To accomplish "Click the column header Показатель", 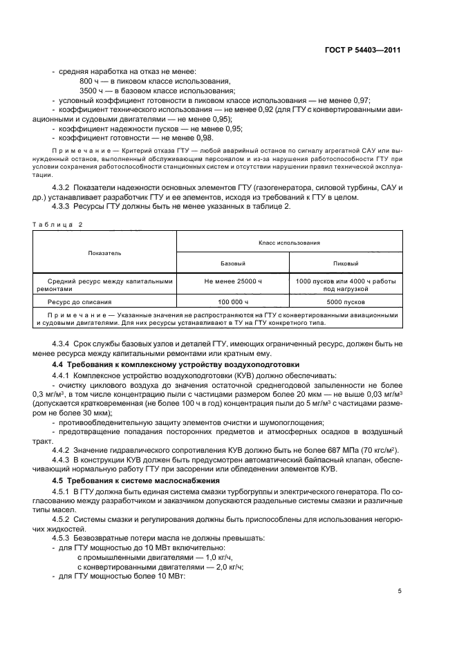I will (104, 253).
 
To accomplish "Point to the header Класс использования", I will (289, 243).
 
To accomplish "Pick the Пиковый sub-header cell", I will (345, 263).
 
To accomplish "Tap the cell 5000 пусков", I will (345, 302).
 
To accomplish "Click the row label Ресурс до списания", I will (80, 302).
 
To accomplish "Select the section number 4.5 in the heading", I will (60, 480).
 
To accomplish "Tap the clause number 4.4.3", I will (62, 460).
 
